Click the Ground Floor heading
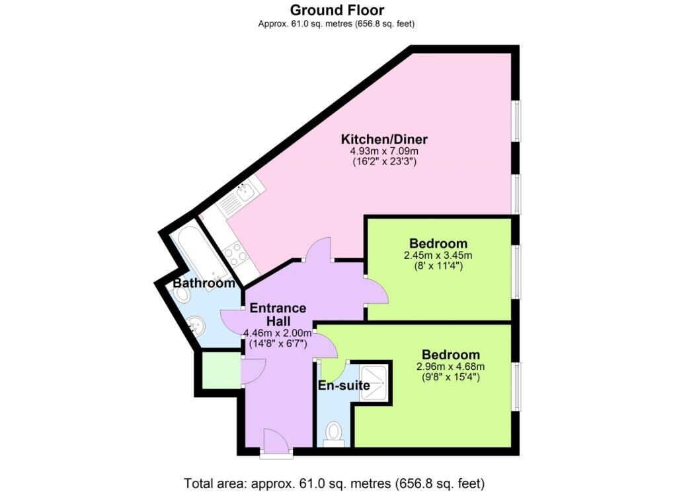[x=337, y=10]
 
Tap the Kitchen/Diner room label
[x=384, y=139]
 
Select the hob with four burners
[x=235, y=253]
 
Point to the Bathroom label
[x=204, y=283]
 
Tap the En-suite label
[x=344, y=386]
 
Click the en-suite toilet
[x=335, y=434]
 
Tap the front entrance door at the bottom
[x=275, y=442]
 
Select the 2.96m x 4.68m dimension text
[x=452, y=367]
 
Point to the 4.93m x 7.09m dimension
[x=384, y=151]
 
